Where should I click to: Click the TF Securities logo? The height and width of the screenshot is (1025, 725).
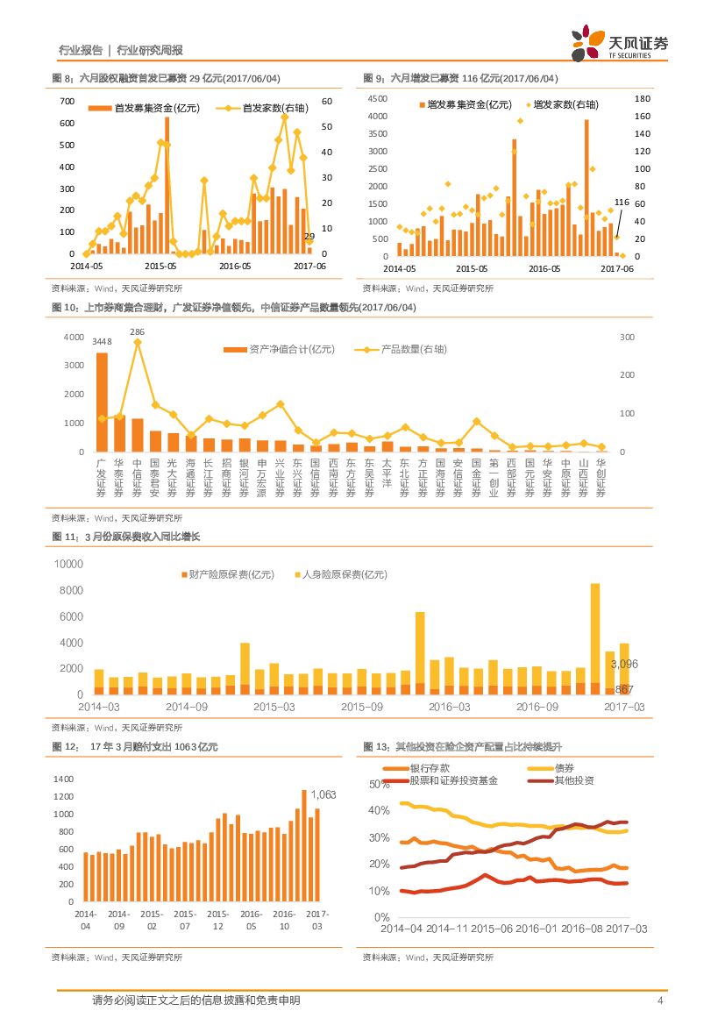pos(619,44)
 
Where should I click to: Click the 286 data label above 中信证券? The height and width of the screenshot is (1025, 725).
pos(137,331)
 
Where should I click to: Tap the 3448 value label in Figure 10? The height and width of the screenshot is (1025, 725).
pos(102,341)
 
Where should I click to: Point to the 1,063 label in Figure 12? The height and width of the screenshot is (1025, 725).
pos(323,794)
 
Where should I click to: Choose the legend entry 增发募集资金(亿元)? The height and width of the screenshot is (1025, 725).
pos(465,104)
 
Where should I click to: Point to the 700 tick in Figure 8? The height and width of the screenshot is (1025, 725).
pos(67,101)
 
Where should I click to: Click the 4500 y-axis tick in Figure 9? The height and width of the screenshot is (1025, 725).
pos(377,98)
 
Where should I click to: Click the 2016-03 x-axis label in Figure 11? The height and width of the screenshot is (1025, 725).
pos(449,706)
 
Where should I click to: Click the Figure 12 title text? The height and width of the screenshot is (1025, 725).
pos(135,747)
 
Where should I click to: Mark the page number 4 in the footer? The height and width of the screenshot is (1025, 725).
pos(659,1000)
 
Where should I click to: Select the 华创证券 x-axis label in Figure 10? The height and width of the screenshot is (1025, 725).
pos(601,478)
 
